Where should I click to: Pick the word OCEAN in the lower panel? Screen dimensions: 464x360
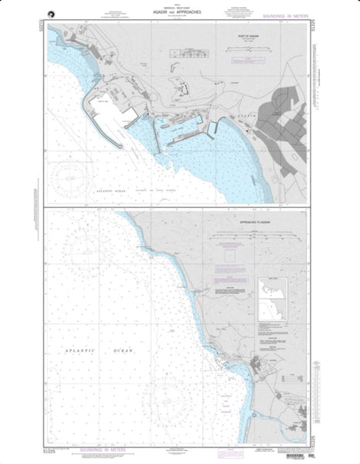(122, 353)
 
